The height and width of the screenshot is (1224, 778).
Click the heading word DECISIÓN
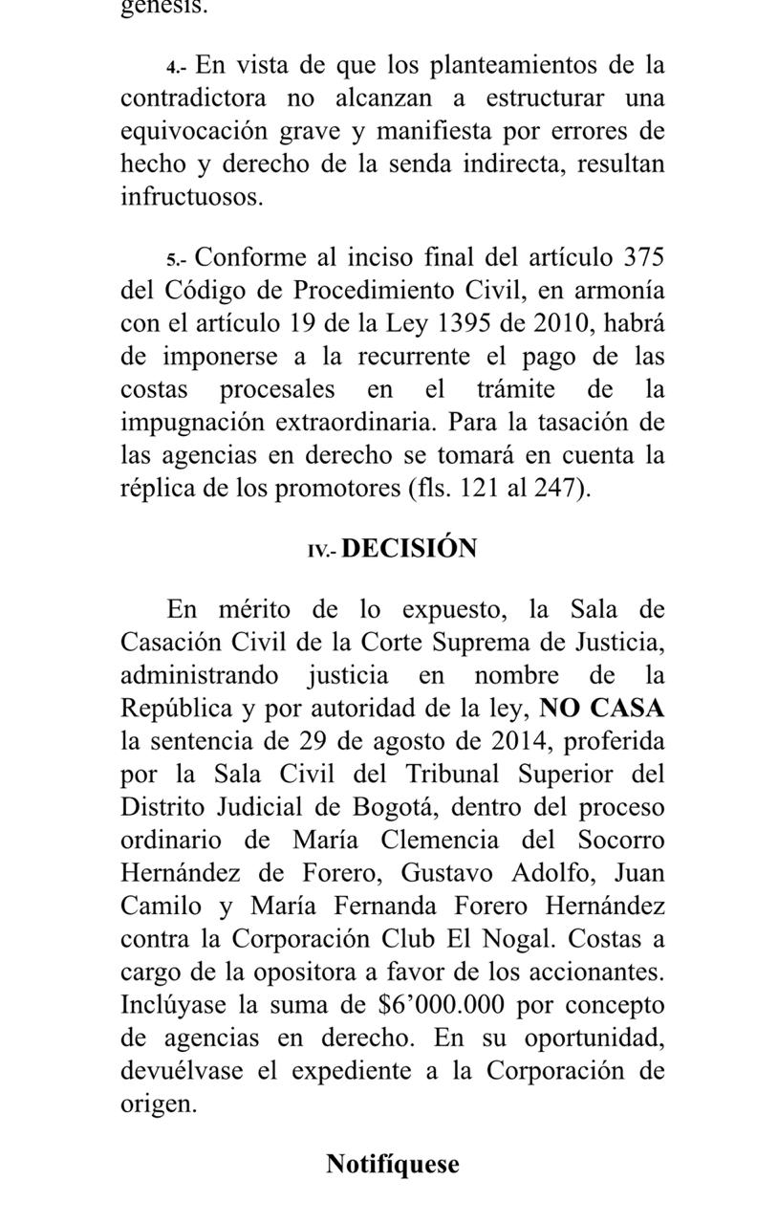pos(409,549)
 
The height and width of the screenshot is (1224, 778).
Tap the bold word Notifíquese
pos(393,1165)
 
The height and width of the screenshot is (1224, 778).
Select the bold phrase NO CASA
pos(602,709)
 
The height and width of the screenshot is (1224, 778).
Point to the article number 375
pos(643,258)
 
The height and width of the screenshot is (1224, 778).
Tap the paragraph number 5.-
pos(178,260)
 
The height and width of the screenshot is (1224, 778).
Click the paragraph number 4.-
pos(178,67)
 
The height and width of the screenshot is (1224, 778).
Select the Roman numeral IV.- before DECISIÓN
pos(321,551)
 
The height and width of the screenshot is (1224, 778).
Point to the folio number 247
pos(563,488)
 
